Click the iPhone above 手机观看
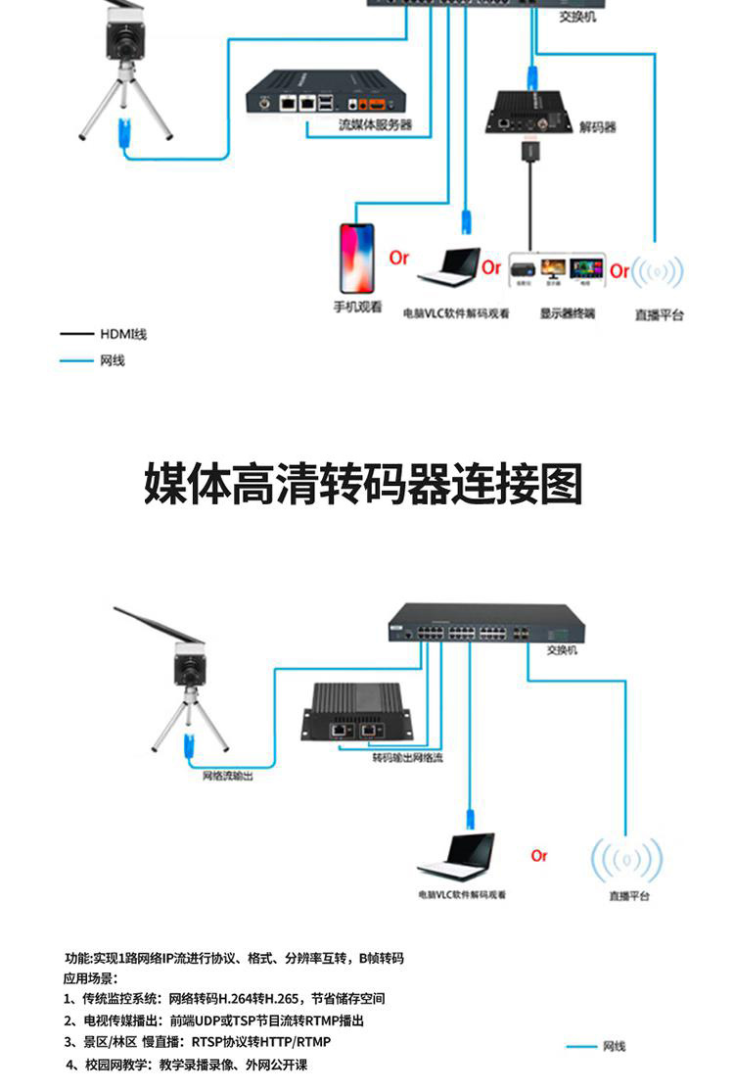pos(356,258)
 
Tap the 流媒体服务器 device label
pos(375,124)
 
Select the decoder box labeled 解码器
pos(529,113)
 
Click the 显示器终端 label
pos(568,314)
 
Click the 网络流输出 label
pos(227,776)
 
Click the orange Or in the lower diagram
pos(539,856)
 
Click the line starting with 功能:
pos(234,958)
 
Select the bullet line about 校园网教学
pos(187,1065)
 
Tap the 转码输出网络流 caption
pos(407,757)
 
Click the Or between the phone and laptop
pos(399,258)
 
